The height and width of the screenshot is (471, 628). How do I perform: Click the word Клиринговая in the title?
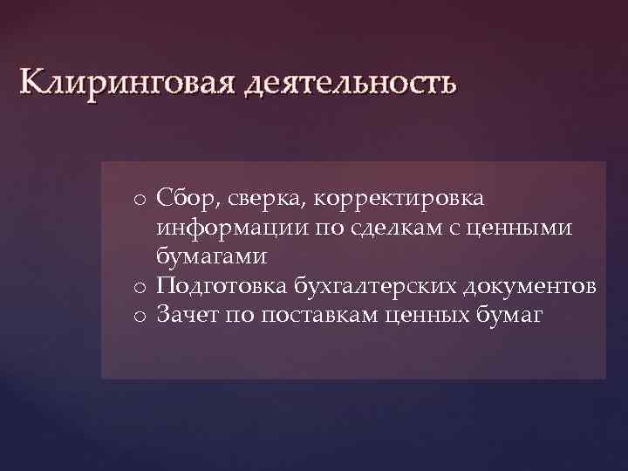point(126,85)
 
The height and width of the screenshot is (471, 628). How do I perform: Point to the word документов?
point(529,286)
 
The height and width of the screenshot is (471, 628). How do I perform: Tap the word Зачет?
point(186,315)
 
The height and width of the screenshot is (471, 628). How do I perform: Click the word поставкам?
point(315,315)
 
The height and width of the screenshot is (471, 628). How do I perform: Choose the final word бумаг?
point(510,315)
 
